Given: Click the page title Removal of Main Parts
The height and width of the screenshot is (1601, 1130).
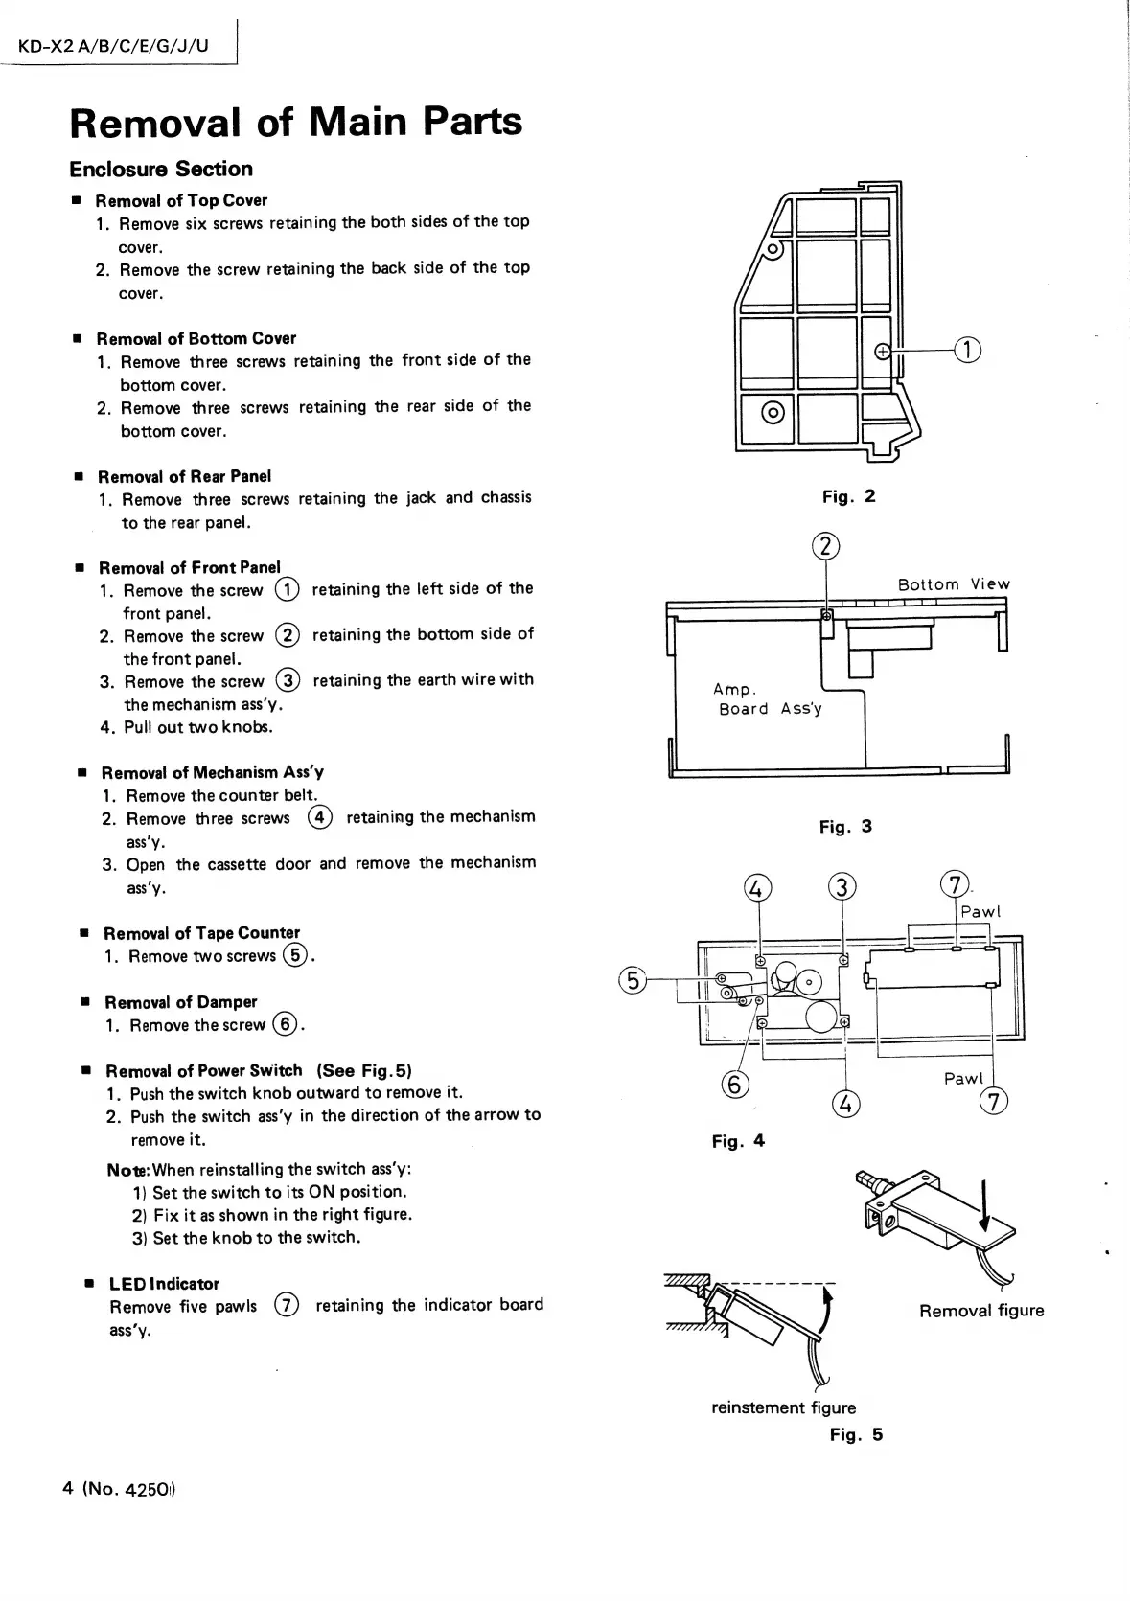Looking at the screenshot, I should tap(296, 122).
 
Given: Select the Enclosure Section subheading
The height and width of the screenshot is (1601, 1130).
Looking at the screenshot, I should tap(161, 170).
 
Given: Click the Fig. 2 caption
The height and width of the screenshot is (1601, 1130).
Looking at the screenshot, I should tap(848, 496).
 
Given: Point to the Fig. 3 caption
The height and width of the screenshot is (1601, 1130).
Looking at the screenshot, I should tap(845, 827).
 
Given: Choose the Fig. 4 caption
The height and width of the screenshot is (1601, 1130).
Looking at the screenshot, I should tap(738, 1141).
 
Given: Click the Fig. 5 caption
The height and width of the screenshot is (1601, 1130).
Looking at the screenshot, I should tap(856, 1434).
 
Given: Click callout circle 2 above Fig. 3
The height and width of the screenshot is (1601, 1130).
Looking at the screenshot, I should tap(826, 546).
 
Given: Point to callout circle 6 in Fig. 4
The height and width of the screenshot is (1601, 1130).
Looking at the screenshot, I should tap(734, 1085).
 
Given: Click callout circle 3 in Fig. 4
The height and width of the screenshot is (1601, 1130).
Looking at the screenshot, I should tap(842, 887).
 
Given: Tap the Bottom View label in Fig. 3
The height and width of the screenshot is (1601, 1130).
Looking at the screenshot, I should tap(954, 584).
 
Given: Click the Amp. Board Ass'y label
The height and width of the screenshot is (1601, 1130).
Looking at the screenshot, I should tap(767, 699).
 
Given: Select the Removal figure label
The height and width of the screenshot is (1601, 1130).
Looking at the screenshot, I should tap(981, 1311).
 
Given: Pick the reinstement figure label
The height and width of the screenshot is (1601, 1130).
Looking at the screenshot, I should tap(783, 1407).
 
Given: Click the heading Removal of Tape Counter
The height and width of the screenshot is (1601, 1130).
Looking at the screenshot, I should tap(201, 933).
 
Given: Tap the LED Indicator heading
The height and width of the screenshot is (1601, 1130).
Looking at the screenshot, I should tap(164, 1284).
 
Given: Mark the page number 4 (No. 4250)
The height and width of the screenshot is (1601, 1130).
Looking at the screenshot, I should tap(120, 1489).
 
